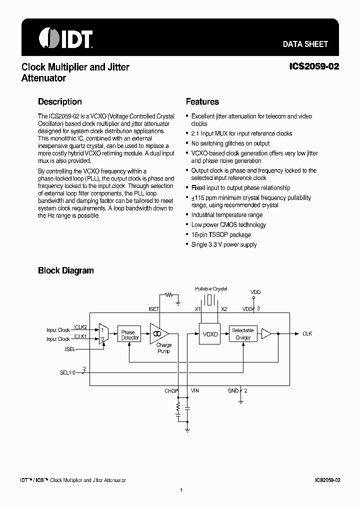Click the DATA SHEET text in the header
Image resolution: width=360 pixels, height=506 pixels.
click(305, 44)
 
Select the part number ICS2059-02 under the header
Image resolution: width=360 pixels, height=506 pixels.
click(314, 66)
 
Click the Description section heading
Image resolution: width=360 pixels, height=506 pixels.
click(60, 101)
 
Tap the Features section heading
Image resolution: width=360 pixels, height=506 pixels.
click(202, 101)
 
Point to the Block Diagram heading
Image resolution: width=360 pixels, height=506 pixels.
click(66, 270)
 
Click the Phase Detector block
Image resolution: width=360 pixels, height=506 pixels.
click(128, 335)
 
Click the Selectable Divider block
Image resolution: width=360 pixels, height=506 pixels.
click(243, 334)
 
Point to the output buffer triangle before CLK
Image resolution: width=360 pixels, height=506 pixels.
click(267, 333)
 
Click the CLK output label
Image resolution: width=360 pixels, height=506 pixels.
click(307, 333)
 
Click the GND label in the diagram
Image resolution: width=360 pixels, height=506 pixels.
click(232, 390)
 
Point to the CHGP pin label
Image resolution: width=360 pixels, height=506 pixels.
click(171, 390)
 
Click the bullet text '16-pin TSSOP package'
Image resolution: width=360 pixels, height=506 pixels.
click(221, 234)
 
